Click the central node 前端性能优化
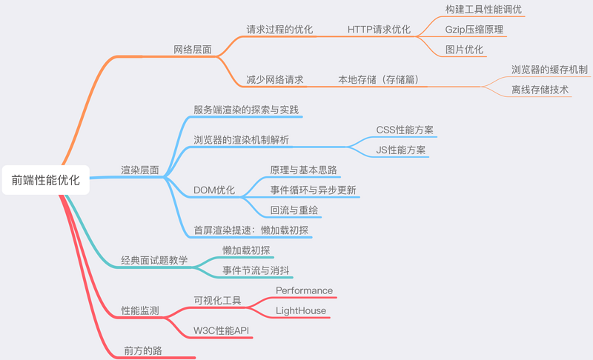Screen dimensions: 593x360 pyautogui.click(x=46, y=180)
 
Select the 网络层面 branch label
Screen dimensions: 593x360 pyautogui.click(x=193, y=50)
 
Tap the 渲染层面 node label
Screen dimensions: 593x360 pyautogui.click(x=140, y=170)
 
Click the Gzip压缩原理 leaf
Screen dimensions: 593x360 pyautogui.click(x=474, y=30)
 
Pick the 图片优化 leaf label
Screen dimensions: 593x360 pyautogui.click(x=465, y=50)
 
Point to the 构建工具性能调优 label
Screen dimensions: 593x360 pyautogui.click(x=483, y=10)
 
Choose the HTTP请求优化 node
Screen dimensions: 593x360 pyautogui.click(x=379, y=30)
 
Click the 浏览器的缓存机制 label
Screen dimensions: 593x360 pyautogui.click(x=549, y=70)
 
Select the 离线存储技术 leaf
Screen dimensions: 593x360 pyautogui.click(x=540, y=90)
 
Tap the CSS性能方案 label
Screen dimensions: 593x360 pyautogui.click(x=405, y=130)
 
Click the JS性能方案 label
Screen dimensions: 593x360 pyautogui.click(x=401, y=150)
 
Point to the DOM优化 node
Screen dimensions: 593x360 pyautogui.click(x=214, y=190)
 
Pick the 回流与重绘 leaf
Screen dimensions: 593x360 pyautogui.click(x=294, y=210)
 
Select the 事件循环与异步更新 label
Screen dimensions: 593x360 pyautogui.click(x=313, y=190)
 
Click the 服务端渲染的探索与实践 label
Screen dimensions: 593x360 pyautogui.click(x=246, y=110)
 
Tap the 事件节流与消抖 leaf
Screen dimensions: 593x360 pyautogui.click(x=256, y=270)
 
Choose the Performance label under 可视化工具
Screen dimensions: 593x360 pyautogui.click(x=305, y=290)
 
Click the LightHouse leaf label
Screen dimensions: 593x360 pyautogui.click(x=301, y=310)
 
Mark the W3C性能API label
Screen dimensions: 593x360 pyautogui.click(x=221, y=330)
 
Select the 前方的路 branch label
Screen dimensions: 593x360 pyautogui.click(x=143, y=350)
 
